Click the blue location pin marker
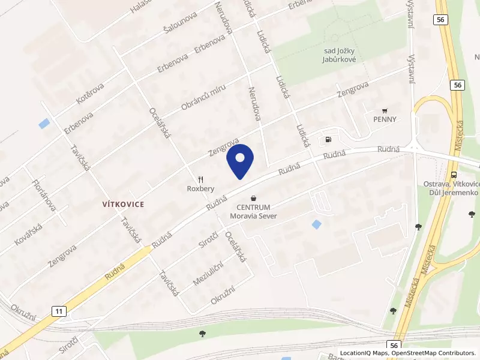240,161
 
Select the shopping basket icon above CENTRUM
253,197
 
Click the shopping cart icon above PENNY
385,110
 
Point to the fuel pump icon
328,140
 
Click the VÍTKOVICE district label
123,204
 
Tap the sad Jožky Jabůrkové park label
340,56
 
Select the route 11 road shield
58,311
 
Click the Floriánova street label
44,194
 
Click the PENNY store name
384,119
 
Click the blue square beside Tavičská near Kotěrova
44,124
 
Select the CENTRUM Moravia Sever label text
253,211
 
